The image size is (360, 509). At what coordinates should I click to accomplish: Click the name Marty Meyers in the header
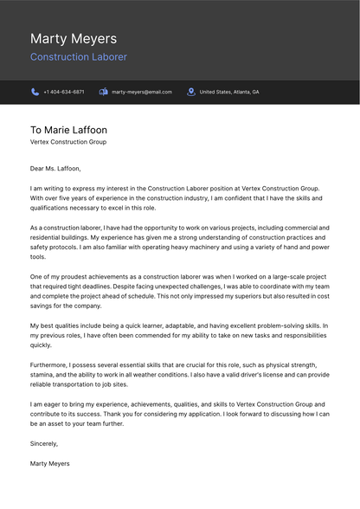[74, 39]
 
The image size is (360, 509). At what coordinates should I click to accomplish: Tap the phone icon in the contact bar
[35, 92]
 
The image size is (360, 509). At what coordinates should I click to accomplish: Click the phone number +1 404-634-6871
[64, 92]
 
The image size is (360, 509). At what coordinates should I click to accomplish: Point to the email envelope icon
[104, 92]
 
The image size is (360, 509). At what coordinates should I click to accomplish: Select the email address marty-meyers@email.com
[142, 92]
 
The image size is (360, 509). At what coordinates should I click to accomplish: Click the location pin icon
[190, 92]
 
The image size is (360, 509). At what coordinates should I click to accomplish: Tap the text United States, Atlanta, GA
[229, 92]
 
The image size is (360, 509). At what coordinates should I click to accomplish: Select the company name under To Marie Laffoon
[68, 142]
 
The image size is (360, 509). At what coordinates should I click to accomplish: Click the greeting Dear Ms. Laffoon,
[55, 169]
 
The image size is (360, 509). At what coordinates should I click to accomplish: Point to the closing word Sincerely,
[44, 443]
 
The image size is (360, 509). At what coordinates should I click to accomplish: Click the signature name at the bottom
[50, 463]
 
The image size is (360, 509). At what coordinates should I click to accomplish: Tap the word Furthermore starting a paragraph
[49, 364]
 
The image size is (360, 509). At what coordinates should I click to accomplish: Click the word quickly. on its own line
[41, 345]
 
